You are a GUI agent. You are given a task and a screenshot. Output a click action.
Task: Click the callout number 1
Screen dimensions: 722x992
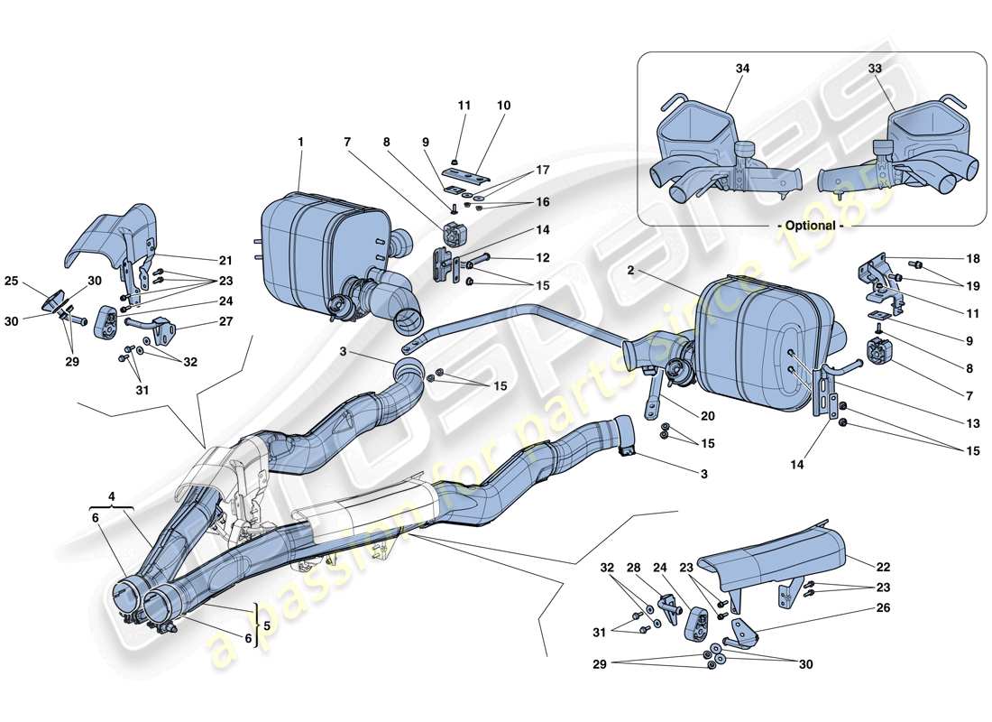(x=300, y=142)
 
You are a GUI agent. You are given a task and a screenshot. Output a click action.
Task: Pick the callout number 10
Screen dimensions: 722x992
(x=503, y=106)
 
